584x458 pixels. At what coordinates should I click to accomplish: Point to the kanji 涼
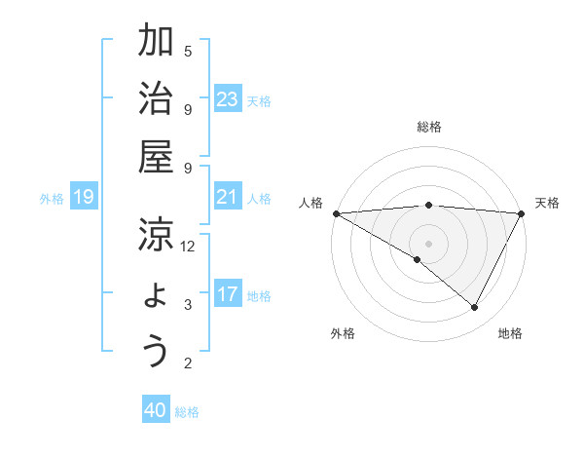pos(155,237)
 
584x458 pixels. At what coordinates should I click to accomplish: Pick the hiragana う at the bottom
pos(155,352)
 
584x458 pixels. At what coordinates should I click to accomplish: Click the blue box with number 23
pos(228,99)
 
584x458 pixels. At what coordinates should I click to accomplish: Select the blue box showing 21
pos(228,198)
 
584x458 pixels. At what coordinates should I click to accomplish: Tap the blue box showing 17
pos(228,295)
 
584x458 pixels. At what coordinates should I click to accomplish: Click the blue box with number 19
pos(84,198)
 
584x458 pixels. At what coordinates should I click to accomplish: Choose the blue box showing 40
pos(156,411)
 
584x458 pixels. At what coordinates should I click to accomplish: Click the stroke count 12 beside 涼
pos(188,247)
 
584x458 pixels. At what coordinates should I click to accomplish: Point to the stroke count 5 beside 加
pos(188,51)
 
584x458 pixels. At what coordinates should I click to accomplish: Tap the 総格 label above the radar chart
pos(428,127)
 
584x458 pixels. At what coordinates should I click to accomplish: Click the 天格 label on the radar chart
pos(547,203)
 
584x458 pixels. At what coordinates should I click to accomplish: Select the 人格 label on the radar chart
pos(310,203)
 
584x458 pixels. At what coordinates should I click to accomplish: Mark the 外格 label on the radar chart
pos(343,333)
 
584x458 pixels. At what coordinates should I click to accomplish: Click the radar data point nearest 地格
pos(475,308)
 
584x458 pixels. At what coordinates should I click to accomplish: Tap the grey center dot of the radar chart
pos(428,243)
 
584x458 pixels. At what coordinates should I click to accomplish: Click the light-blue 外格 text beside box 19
pos(52,199)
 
